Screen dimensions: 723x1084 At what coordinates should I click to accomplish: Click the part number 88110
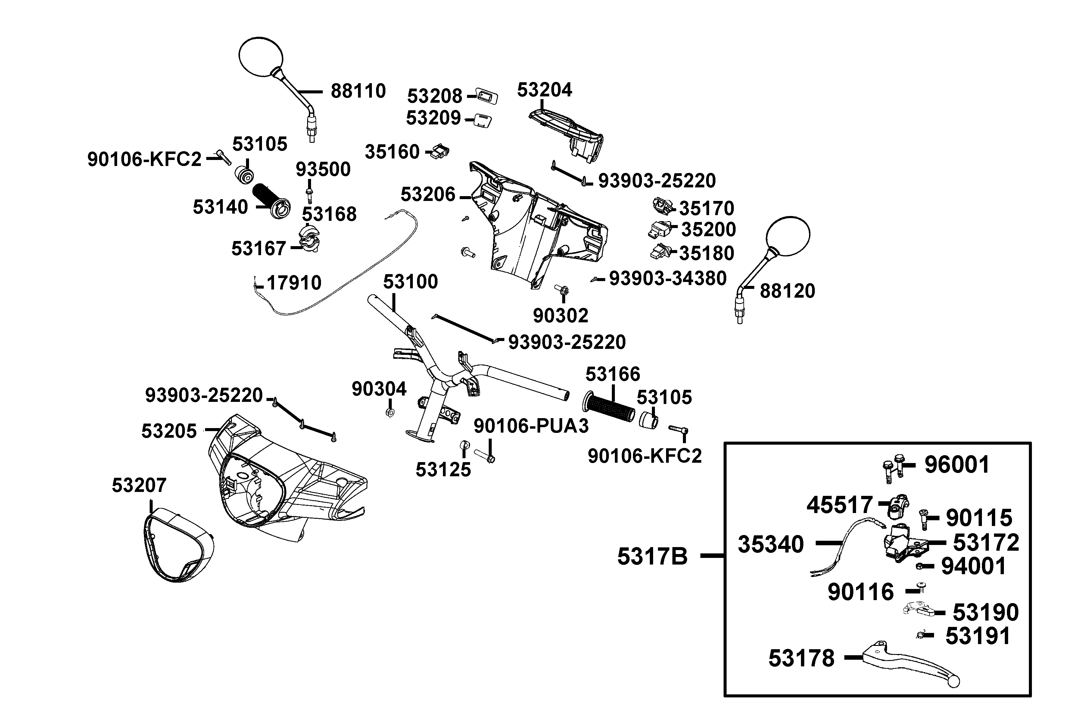(x=358, y=91)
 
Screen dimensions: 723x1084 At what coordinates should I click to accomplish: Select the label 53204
(x=544, y=90)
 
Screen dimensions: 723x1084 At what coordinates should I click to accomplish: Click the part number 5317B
(x=652, y=556)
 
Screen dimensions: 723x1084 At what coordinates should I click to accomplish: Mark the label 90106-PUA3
(x=531, y=426)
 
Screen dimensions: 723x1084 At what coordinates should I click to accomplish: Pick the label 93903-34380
(x=668, y=278)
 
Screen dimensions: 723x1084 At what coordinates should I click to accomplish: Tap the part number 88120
(x=787, y=291)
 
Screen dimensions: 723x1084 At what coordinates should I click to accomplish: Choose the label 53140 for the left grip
(x=220, y=207)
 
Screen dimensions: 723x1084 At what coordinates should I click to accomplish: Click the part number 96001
(x=957, y=465)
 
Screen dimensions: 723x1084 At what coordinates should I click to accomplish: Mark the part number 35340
(x=771, y=544)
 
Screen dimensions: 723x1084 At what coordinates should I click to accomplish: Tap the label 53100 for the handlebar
(x=410, y=281)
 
